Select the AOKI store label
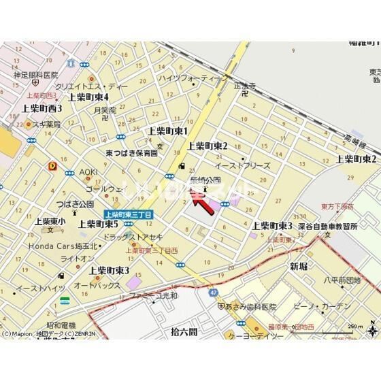click(88, 172)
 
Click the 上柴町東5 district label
click(99, 223)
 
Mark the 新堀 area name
click(299, 266)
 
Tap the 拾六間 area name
click(184, 331)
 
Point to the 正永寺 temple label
click(244, 87)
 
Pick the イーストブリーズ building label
click(243, 165)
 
